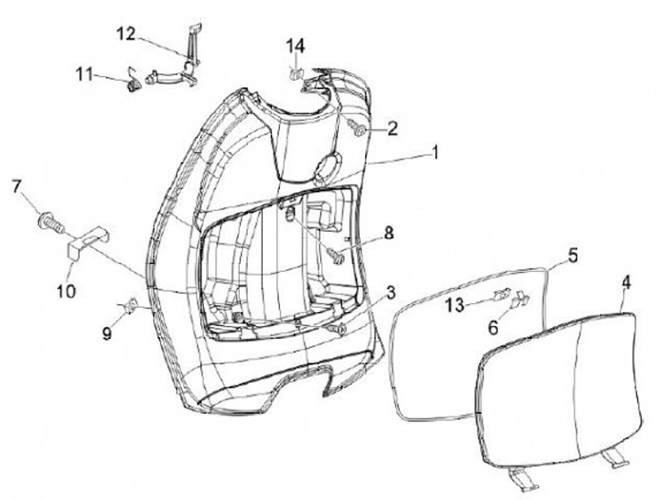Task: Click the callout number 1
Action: pos(436,153)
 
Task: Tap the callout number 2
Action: pos(392,129)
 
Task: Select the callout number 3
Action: pos(391,293)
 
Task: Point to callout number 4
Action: pos(626,284)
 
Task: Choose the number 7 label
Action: pos(16,188)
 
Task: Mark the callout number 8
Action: pos(389,234)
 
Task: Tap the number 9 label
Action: pos(107,334)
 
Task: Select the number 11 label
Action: pos(83,73)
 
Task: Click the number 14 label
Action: pos(295,46)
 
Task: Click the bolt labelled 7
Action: pos(46,220)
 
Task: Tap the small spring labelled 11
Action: pos(134,84)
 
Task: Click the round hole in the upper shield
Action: pos(327,167)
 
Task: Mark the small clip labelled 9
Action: pos(132,305)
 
